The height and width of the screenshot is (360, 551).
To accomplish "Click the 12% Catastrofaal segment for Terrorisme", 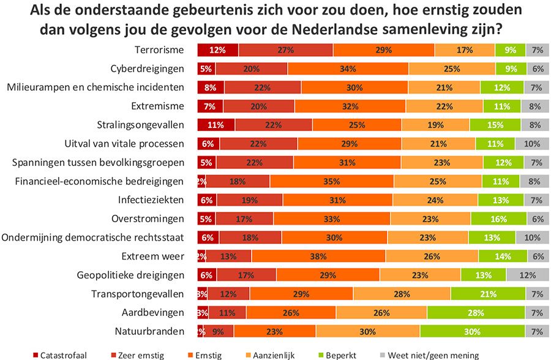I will (217, 50).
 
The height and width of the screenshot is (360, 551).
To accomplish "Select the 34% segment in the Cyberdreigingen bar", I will (347, 69).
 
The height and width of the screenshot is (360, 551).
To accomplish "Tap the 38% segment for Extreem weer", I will (318, 256).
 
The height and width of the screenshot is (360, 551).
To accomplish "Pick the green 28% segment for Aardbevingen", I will (476, 313).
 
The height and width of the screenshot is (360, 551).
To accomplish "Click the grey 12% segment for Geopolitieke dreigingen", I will (527, 275).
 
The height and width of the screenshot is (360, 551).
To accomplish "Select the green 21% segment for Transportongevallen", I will (487, 294).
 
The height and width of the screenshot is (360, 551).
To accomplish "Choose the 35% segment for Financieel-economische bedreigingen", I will (331, 181).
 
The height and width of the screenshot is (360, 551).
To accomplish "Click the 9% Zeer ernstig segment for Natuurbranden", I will (219, 331).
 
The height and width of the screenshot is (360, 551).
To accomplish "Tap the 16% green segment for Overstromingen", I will (498, 219).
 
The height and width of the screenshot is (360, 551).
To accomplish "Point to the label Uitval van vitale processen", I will (127, 144).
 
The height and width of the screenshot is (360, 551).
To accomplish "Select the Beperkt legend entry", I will (340, 355).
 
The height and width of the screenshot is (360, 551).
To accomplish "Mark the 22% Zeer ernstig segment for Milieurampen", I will (263, 88).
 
